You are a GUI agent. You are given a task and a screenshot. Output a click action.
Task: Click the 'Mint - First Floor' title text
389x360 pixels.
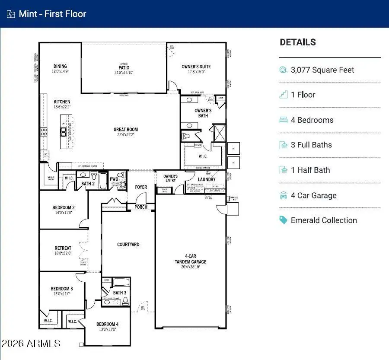click(x=52, y=14)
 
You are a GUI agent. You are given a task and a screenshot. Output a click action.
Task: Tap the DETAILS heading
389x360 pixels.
click(x=298, y=42)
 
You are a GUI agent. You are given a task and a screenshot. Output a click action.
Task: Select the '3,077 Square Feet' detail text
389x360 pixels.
click(x=322, y=70)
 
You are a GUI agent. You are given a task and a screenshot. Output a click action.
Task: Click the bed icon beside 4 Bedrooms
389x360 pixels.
click(x=284, y=120)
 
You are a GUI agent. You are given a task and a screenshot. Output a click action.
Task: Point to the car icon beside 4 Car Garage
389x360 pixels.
click(x=284, y=195)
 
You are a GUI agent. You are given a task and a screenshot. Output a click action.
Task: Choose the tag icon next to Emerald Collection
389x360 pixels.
click(x=284, y=220)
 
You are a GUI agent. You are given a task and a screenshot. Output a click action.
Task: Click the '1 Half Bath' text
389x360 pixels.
click(x=310, y=170)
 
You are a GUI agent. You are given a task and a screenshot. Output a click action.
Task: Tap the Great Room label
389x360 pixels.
click(x=126, y=129)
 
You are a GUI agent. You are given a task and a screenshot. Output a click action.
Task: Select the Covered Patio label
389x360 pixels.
click(x=124, y=67)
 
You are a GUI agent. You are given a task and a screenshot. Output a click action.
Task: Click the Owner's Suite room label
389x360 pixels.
click(x=196, y=67)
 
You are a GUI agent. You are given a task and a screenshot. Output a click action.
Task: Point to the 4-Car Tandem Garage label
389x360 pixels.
click(x=191, y=259)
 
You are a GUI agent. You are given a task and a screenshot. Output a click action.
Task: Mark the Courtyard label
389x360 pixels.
click(x=128, y=245)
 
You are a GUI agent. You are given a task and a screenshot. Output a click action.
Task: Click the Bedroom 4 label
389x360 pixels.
click(x=107, y=324)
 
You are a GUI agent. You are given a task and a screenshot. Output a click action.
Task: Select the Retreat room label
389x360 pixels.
click(x=63, y=248)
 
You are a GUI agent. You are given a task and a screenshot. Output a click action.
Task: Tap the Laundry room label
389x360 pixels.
click(x=207, y=179)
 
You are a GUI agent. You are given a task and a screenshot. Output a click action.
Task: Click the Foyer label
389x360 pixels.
click(x=141, y=187)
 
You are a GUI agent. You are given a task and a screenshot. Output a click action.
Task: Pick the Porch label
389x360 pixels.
click(x=141, y=207)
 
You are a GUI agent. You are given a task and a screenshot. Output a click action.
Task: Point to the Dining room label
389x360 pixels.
click(x=60, y=67)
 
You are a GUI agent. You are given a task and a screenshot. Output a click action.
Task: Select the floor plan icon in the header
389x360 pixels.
click(x=11, y=14)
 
